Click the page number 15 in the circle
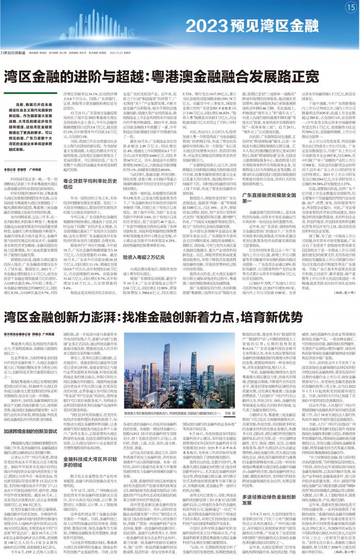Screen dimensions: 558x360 point(349,7)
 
